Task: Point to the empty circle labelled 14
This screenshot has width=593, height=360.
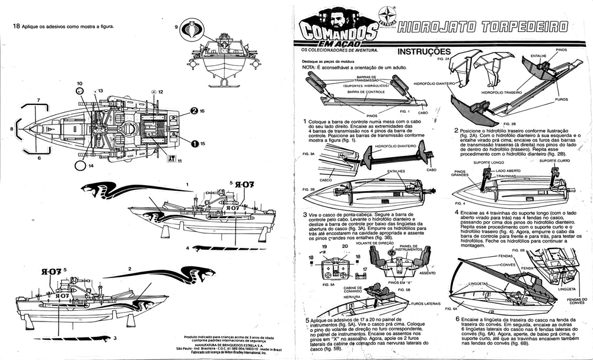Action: [79, 166]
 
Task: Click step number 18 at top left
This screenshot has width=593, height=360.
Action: [16, 26]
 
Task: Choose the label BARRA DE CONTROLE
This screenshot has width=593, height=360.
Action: [366, 93]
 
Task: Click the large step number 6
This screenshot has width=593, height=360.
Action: [457, 319]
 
